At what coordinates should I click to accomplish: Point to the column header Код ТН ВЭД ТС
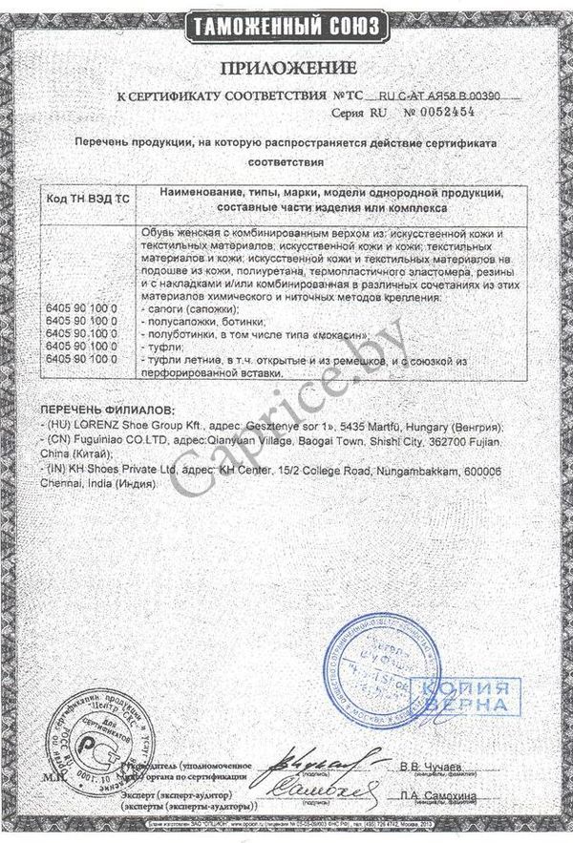click(x=88, y=198)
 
